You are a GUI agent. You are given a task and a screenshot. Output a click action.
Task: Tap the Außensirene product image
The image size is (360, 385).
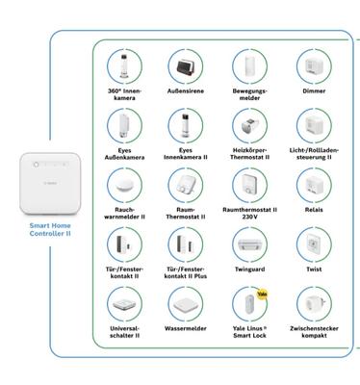point(186,67)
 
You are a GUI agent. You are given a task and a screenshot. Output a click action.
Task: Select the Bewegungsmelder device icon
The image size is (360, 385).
point(249,67)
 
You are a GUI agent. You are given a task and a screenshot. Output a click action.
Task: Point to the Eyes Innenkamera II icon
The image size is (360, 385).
point(186,125)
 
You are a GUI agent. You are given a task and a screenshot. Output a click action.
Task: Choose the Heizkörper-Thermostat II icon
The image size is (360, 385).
point(249,125)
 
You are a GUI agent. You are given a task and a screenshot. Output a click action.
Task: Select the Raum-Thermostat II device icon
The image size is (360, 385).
point(186,184)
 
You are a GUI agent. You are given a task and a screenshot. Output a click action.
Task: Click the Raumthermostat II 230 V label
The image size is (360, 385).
point(249,214)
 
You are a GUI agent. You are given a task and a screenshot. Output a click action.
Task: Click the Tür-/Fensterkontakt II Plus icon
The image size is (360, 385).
point(186,243)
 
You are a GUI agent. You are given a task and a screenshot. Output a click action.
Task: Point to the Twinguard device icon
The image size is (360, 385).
point(249,243)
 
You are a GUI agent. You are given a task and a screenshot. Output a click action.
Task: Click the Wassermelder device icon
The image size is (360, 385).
point(186,303)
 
